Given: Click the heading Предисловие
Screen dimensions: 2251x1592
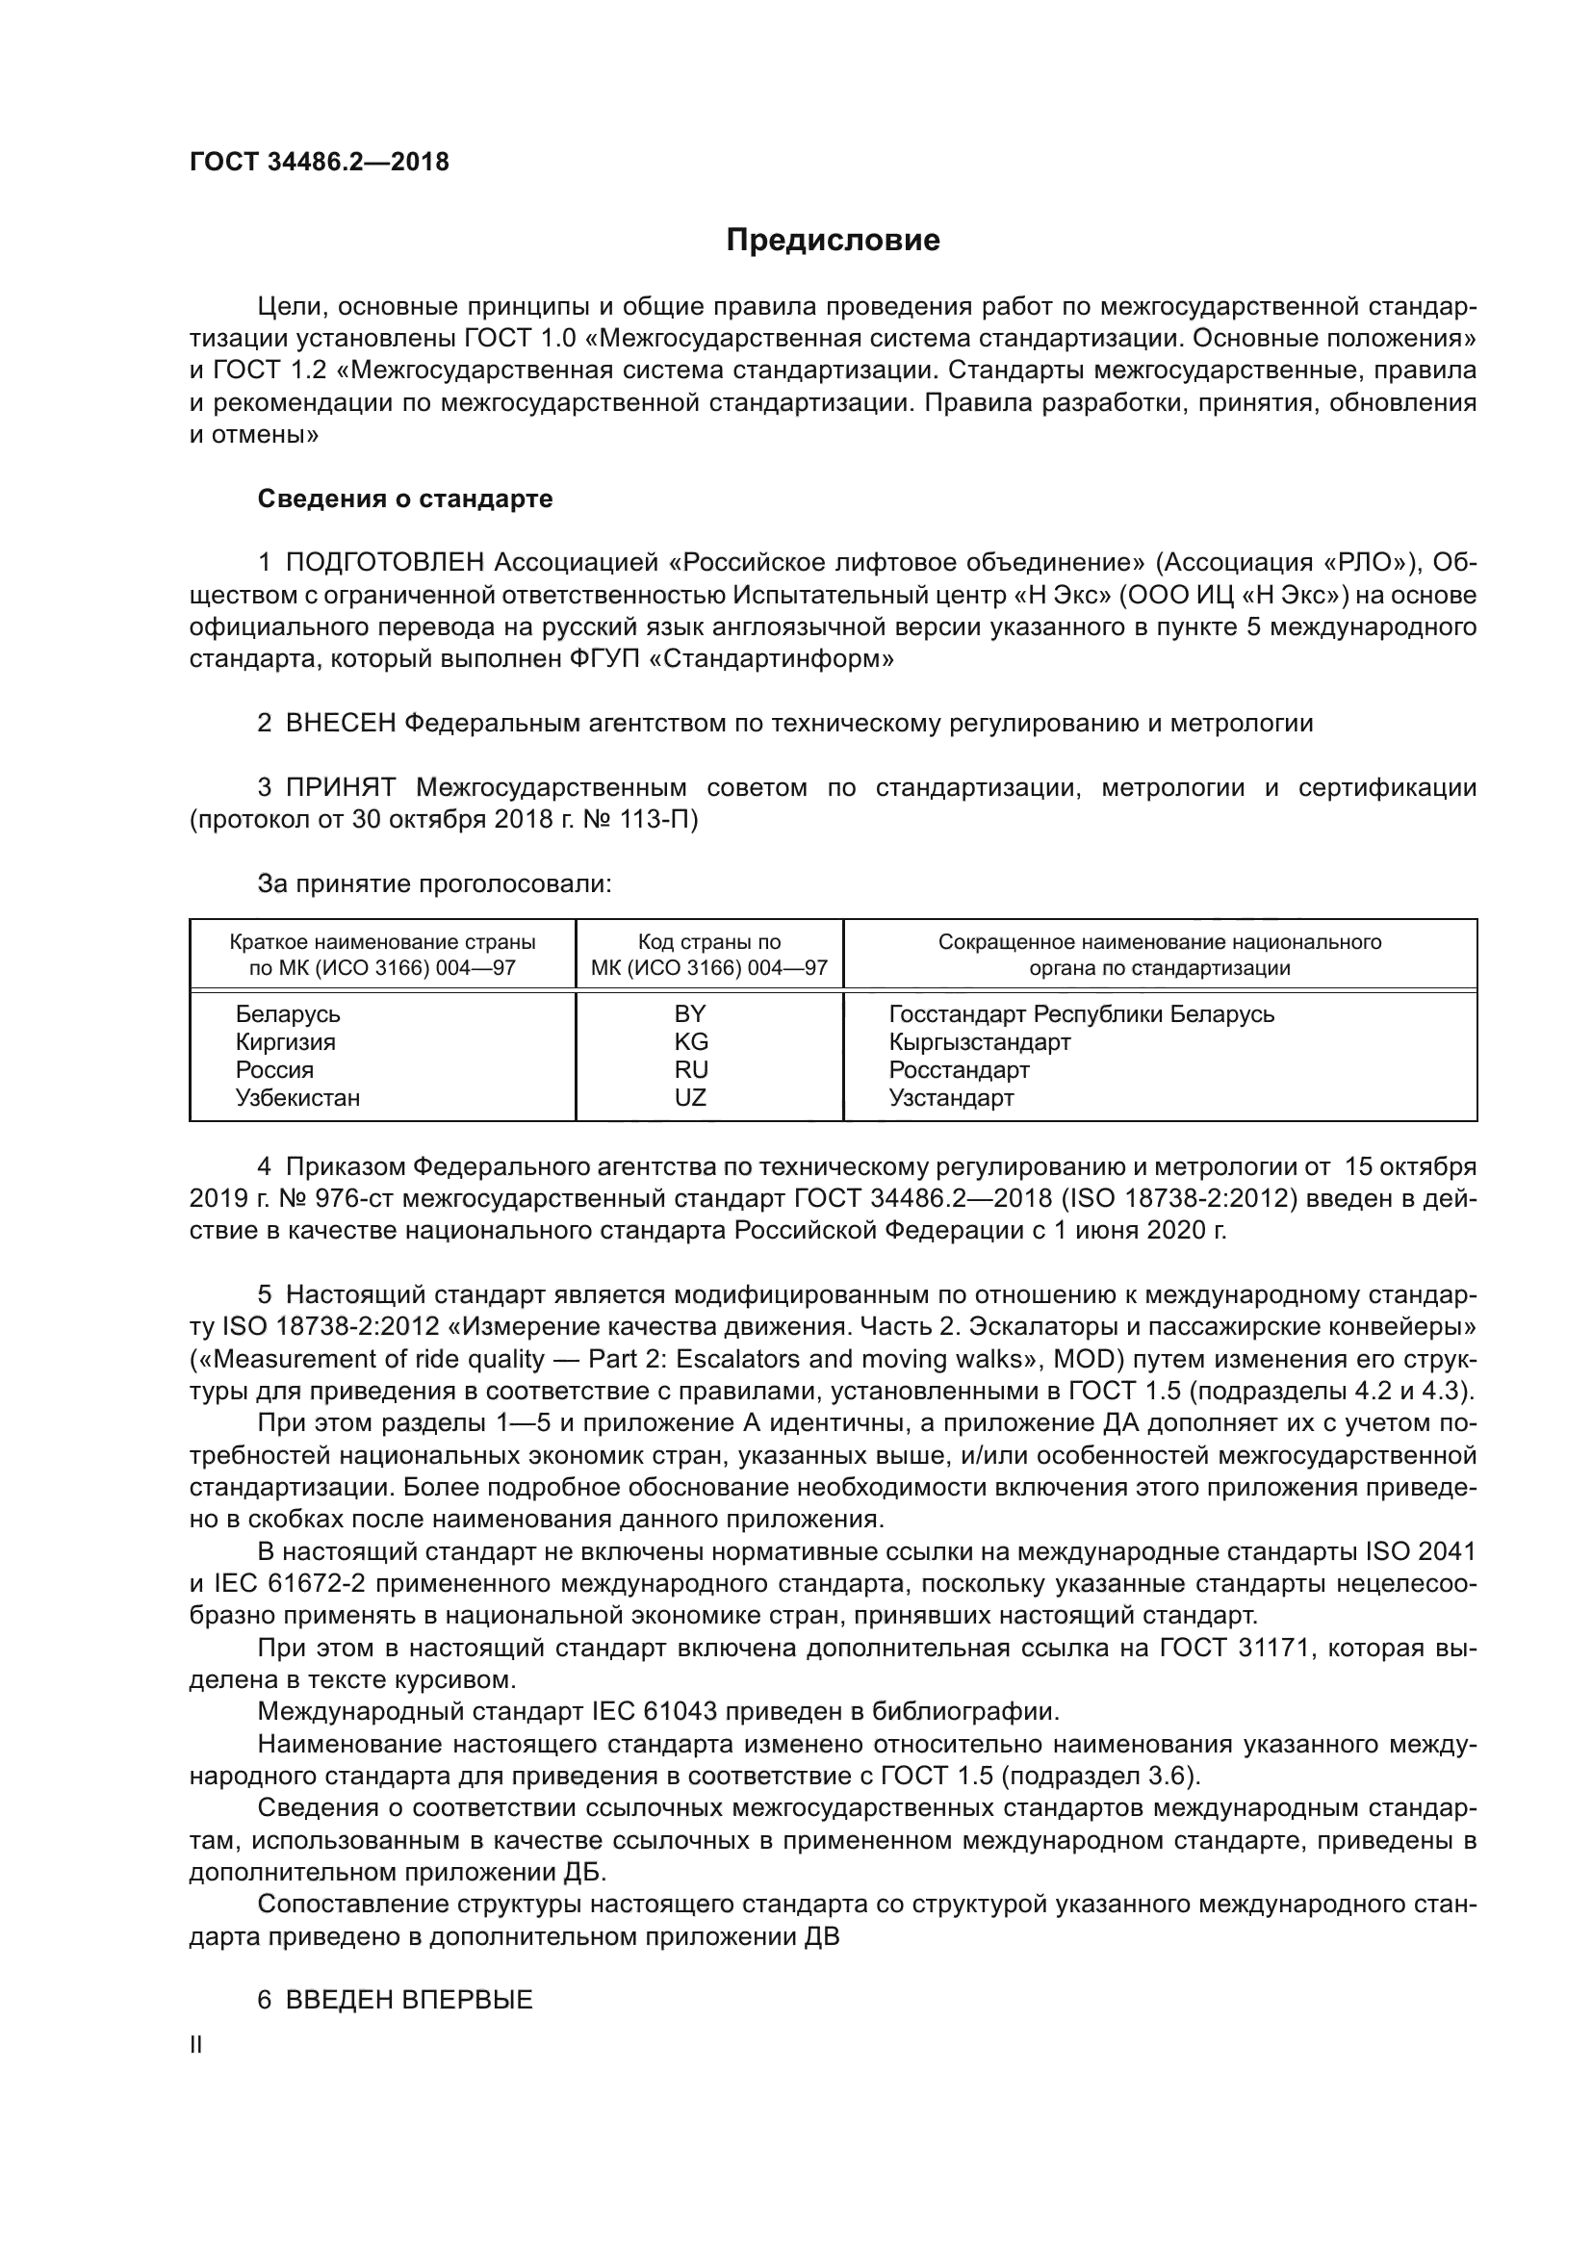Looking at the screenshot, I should tap(833, 241).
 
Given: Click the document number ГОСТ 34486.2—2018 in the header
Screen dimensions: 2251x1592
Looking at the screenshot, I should tap(319, 162).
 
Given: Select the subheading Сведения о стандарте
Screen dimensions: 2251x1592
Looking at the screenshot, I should tap(405, 499).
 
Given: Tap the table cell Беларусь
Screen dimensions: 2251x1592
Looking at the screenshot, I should tap(287, 1013).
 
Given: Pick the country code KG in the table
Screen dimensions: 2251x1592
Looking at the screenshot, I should tap(691, 1041).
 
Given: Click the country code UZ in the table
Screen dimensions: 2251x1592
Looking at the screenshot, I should tap(690, 1097).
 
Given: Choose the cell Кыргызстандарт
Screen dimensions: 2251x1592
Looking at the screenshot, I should tap(979, 1041).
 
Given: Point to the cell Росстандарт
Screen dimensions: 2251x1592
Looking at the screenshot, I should tap(959, 1069).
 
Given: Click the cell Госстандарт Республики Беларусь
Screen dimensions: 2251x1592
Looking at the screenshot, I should tap(1081, 1013).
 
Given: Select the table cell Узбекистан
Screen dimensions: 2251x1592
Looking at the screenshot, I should tap(298, 1097).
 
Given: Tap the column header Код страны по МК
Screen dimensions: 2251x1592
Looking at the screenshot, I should tap(709, 955).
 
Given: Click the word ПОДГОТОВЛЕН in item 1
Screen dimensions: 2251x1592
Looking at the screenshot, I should tap(385, 563).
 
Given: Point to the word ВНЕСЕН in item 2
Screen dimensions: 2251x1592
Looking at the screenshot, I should tap(340, 724).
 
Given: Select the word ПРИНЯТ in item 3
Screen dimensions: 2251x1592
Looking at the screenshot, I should tap(340, 787).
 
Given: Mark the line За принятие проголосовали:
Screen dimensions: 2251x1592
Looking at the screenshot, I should tap(434, 883).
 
